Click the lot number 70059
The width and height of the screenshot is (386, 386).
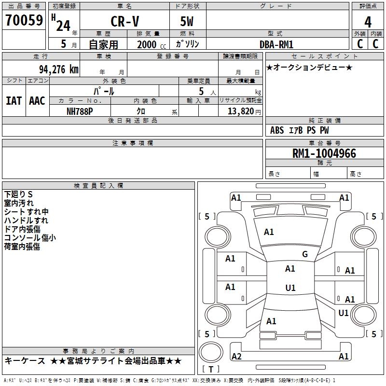24,21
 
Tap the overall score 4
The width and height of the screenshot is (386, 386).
368,22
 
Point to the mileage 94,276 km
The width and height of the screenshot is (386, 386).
58,69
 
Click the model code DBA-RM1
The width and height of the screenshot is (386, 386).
276,44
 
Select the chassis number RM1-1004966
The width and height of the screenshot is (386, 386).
324,154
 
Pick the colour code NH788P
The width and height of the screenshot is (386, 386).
80,110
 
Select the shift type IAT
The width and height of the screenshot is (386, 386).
14,101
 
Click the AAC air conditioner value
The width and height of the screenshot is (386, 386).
37,101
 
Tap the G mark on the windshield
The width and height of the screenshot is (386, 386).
304,254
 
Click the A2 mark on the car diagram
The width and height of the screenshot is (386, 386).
236,357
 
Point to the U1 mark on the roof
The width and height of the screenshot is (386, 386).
290,288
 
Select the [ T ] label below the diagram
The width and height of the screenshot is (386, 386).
211,370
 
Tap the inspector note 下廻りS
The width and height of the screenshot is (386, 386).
18,194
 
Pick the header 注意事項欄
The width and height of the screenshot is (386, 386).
133,143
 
